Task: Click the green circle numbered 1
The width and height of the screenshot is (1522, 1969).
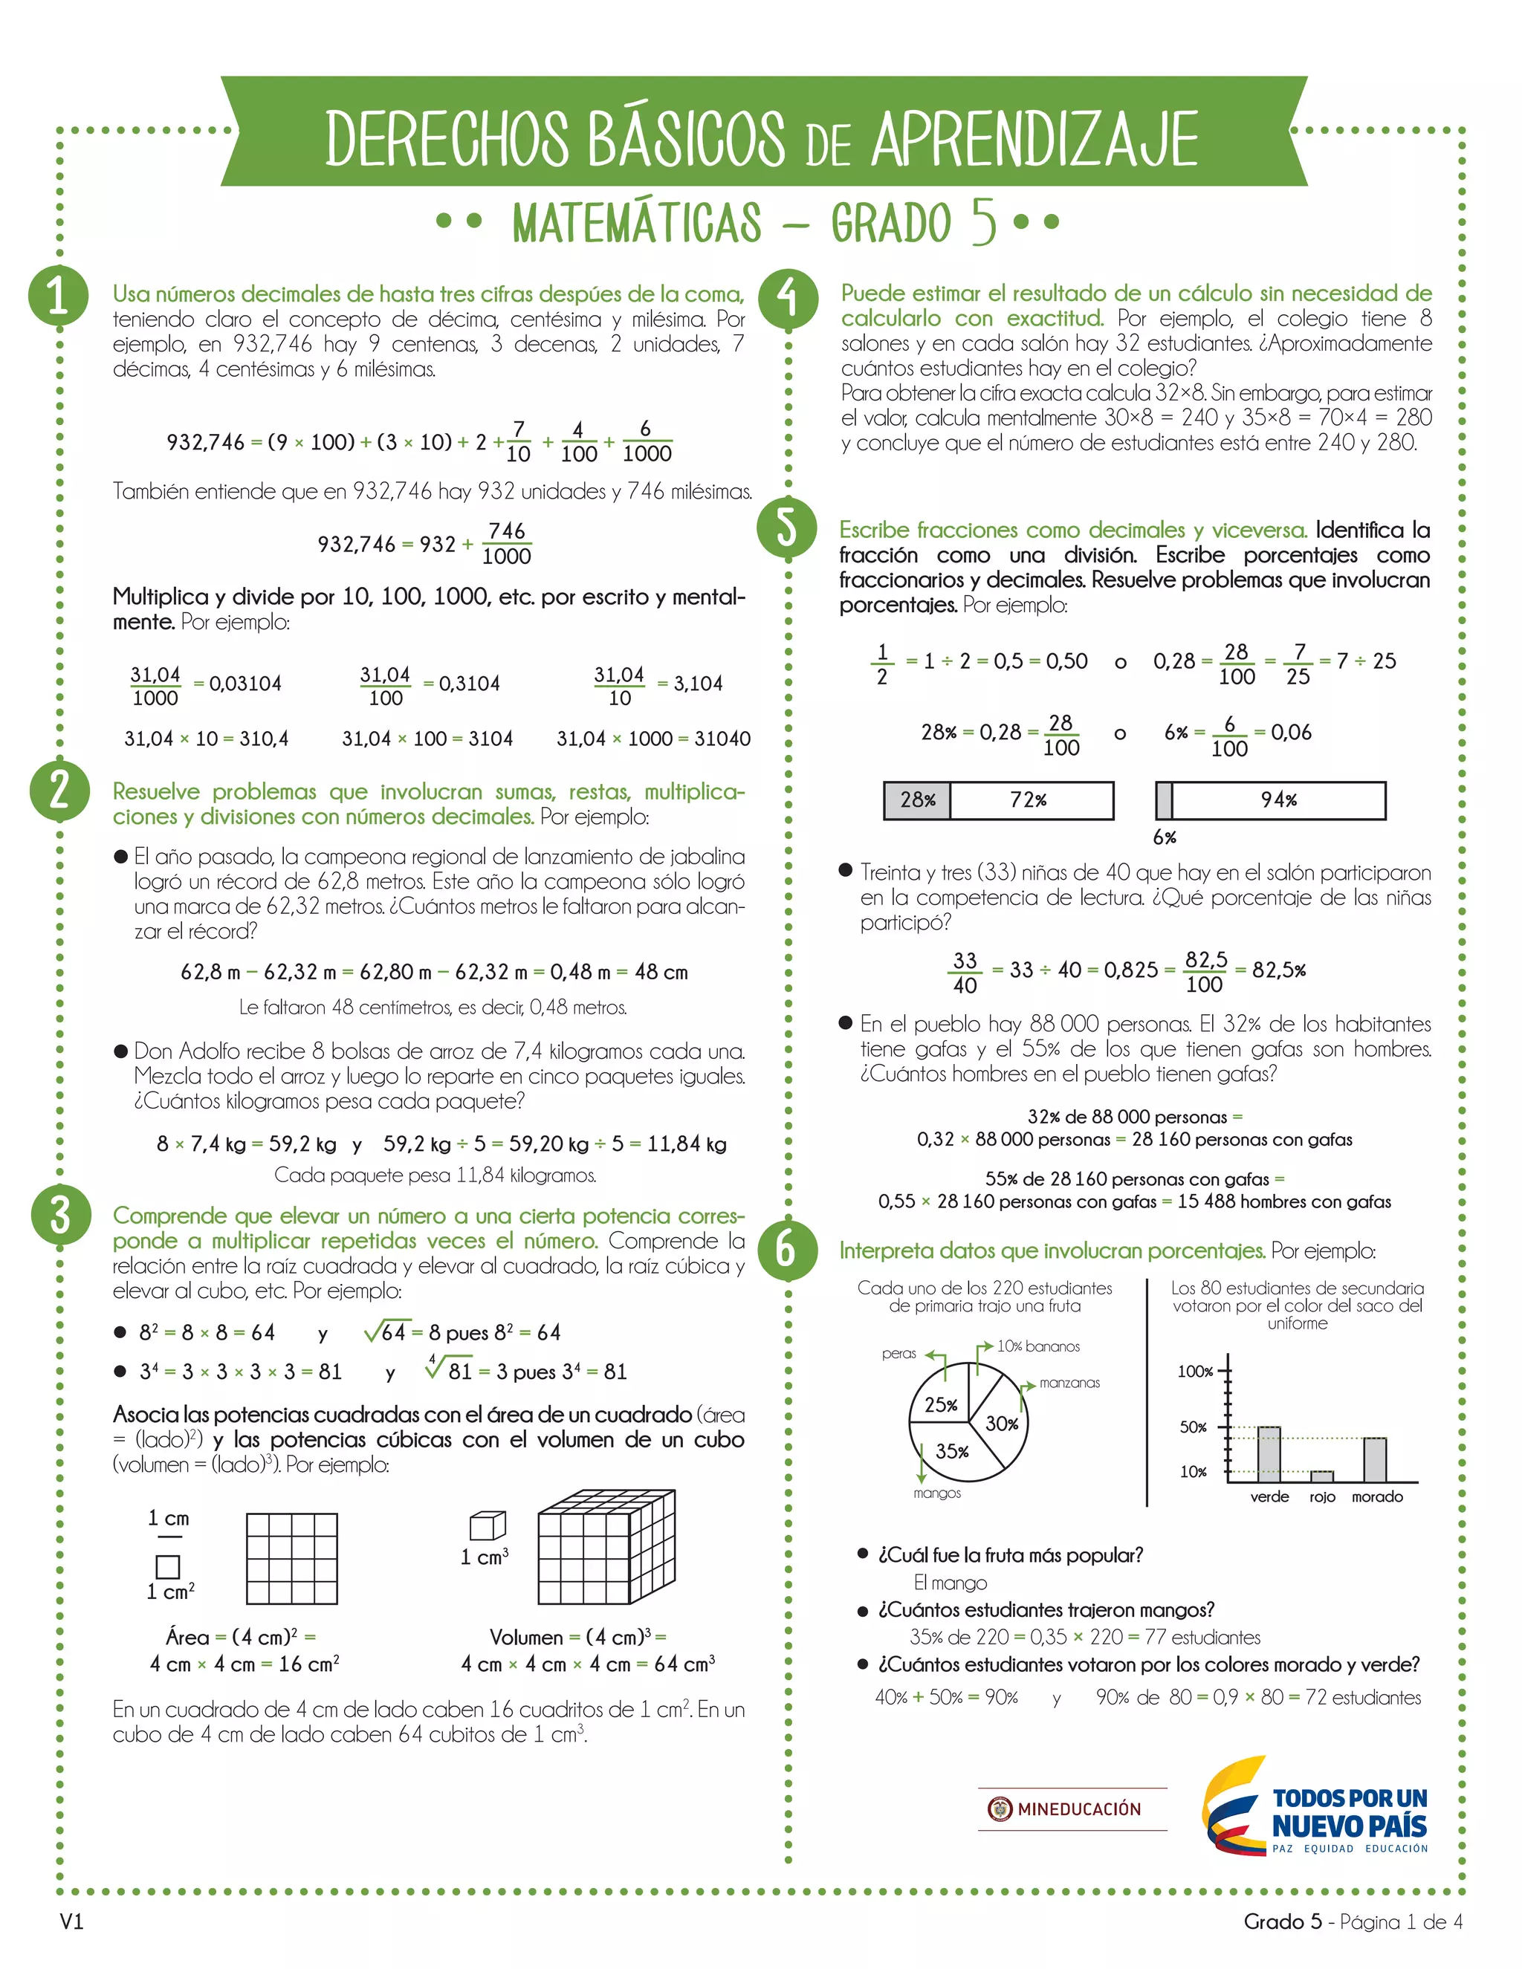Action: [x=59, y=295]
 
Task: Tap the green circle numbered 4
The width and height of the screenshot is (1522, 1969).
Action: [x=788, y=297]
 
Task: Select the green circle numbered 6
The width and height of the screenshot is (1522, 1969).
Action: [x=787, y=1249]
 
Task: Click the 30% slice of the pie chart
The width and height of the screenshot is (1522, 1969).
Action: [x=999, y=1421]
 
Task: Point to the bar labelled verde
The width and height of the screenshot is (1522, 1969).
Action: [x=1269, y=1454]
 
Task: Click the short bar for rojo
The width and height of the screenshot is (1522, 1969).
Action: [x=1322, y=1476]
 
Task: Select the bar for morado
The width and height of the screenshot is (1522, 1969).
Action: [x=1375, y=1459]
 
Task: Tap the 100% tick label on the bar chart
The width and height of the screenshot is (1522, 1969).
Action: [x=1195, y=1372]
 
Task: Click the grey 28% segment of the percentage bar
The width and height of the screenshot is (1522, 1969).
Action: [x=917, y=799]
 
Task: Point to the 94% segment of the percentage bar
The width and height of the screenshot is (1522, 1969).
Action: [x=1278, y=799]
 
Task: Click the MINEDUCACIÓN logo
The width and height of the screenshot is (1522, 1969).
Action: [x=1072, y=1809]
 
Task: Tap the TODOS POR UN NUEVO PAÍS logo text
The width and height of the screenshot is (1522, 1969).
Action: [x=1350, y=1812]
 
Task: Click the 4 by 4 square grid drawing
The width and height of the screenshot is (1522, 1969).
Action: [x=292, y=1559]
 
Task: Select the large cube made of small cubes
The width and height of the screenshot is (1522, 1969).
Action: [x=606, y=1547]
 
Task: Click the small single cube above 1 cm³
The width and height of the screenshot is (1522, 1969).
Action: [x=488, y=1525]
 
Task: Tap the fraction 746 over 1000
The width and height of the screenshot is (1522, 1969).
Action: [x=507, y=544]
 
